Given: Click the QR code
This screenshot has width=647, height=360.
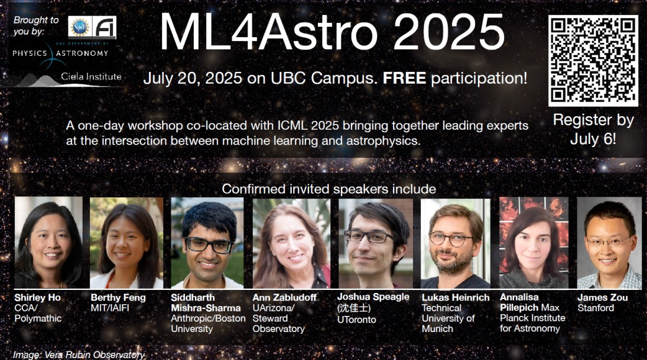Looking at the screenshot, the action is pos(593,61).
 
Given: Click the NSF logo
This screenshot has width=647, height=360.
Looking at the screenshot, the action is pos(79,28).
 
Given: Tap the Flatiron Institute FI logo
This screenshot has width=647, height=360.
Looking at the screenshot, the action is pos(104,28).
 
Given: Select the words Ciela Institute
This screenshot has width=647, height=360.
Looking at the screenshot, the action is pos(91,76).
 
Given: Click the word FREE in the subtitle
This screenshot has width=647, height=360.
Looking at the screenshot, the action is pos(404,78).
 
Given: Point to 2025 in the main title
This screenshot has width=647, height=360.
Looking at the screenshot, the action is pos(449,32).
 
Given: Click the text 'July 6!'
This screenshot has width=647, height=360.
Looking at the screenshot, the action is pos(593,138).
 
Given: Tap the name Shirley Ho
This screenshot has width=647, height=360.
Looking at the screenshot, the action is pos(37,297).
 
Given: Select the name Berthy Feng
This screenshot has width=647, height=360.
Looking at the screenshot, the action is pos(118,297).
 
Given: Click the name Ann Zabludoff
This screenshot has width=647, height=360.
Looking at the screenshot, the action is pos(284,297).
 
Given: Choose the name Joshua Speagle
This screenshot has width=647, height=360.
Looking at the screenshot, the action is pos(373,297).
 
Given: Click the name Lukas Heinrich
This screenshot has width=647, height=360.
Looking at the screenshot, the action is pos(456,297).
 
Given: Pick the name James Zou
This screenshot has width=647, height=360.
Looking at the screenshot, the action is pos(602,297).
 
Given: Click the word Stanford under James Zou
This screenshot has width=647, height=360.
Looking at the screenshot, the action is pos(596,308).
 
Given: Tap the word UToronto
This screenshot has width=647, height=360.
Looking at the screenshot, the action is pos(356,319).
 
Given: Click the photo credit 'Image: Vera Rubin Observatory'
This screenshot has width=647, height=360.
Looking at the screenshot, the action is pos(79,354).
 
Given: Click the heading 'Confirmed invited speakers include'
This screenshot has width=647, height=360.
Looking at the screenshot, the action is pos(329,189).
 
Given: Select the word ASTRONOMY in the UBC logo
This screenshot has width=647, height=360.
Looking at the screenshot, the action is pos(82,53).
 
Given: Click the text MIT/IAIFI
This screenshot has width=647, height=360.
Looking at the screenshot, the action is pos(110,308).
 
